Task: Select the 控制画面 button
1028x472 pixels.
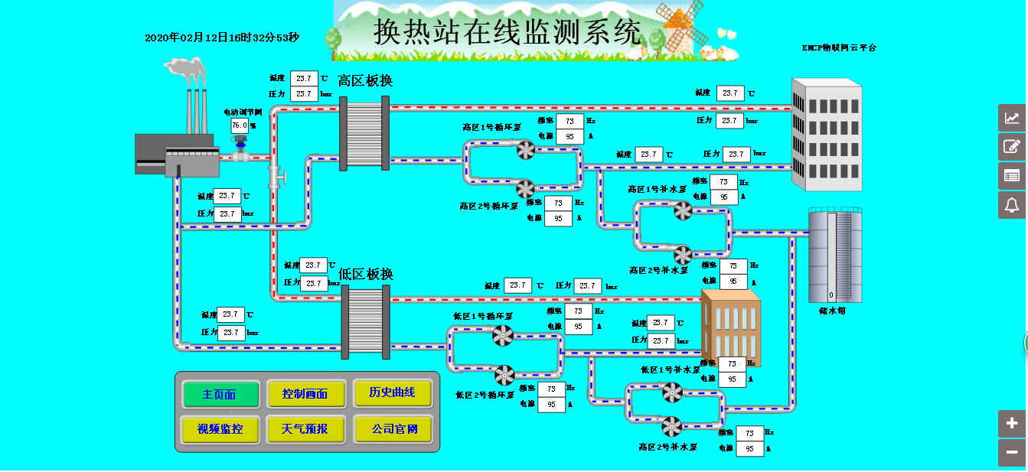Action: (305, 394)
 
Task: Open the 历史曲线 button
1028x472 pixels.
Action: (393, 392)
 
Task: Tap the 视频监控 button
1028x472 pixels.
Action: (220, 429)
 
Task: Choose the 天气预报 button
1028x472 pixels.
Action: (305, 429)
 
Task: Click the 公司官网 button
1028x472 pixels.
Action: (393, 429)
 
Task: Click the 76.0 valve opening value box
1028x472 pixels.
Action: (240, 125)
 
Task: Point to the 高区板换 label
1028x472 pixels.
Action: (365, 80)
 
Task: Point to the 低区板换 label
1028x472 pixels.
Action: (366, 274)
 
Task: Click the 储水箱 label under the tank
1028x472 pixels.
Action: (832, 311)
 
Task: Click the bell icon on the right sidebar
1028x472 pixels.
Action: (1012, 205)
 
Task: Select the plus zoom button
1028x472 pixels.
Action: (1012, 423)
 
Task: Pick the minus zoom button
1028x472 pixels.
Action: (1012, 452)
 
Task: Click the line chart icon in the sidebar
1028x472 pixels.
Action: (1012, 118)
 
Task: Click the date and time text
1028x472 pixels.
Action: (222, 37)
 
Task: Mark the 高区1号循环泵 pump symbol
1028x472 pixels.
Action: (526, 151)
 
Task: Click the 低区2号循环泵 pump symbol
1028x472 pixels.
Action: (504, 375)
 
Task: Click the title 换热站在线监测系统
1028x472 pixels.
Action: (507, 32)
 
